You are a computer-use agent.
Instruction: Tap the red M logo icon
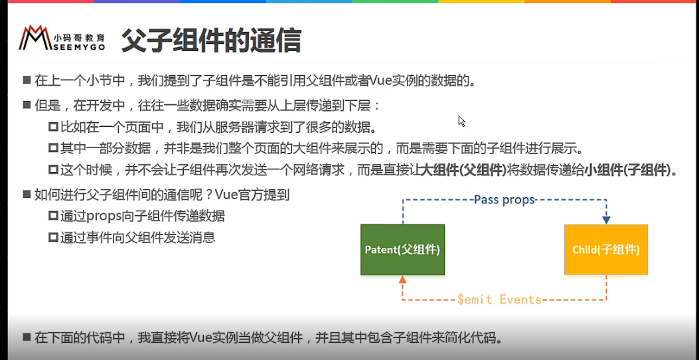pos(35,37)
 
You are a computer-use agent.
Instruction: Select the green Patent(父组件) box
pos(402,249)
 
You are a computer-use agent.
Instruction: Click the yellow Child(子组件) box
pos(606,249)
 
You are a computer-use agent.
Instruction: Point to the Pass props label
pos(505,199)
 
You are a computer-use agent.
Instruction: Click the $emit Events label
pos(499,300)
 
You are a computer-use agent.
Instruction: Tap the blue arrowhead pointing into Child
pos(606,220)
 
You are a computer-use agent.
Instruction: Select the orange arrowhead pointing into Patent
pos(402,279)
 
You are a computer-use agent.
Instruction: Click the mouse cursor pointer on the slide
pos(461,121)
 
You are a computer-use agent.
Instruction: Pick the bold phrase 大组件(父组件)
pos(463,169)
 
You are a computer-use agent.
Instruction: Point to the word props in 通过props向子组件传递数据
pos(104,217)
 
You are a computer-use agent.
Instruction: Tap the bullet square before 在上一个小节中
pos(27,81)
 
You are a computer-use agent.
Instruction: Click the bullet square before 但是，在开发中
pos(27,106)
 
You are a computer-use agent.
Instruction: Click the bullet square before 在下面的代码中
pos(27,336)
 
